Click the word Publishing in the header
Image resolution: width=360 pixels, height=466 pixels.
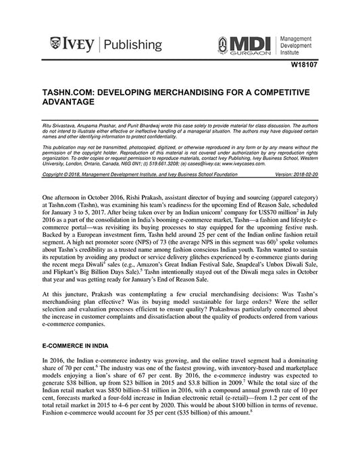[x=133, y=45]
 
